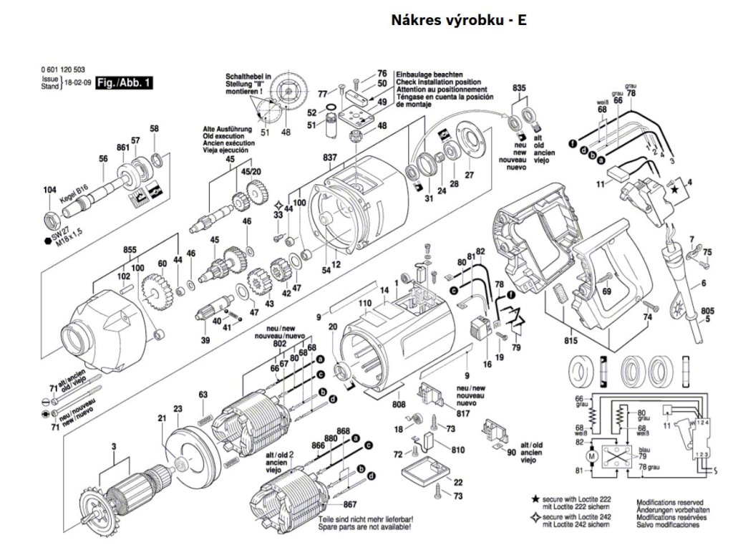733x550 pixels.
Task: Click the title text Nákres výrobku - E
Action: pos(458,20)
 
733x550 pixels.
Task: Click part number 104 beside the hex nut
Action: pos(49,190)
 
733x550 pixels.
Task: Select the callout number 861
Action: pos(122,148)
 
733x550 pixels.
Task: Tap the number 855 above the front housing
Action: pos(130,250)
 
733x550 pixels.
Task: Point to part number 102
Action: pos(123,276)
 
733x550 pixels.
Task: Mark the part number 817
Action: pos(463,413)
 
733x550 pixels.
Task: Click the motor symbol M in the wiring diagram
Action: pos(591,456)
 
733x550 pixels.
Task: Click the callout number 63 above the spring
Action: pos(203,395)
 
